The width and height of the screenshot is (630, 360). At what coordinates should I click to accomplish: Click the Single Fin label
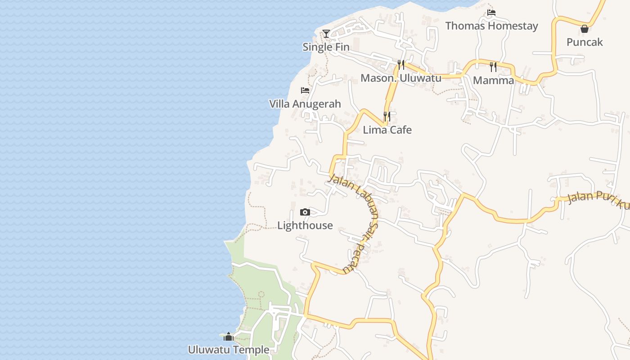pos(326,47)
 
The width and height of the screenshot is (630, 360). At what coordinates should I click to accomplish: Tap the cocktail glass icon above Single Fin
pos(326,34)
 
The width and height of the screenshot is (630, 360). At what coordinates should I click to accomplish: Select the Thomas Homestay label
pos(491,26)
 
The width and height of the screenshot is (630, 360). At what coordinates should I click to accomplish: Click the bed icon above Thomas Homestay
pos(491,13)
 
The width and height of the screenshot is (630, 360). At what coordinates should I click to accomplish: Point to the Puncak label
pos(585,42)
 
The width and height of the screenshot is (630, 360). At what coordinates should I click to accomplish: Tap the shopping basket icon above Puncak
pos(585,29)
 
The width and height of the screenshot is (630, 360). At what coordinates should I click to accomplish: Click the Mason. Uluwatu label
pos(401,78)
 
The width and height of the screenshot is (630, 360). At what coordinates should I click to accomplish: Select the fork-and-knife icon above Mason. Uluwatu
pos(401,65)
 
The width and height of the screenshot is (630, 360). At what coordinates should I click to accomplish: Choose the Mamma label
pos(493,81)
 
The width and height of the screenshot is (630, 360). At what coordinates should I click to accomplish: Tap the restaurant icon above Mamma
pos(493,67)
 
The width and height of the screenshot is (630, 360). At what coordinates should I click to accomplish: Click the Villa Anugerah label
pos(305,104)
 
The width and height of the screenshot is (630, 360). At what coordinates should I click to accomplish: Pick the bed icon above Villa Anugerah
pos(305,90)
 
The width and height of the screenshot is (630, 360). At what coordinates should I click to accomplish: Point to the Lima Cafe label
pos(387,130)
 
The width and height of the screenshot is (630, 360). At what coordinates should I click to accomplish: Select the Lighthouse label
pos(305,225)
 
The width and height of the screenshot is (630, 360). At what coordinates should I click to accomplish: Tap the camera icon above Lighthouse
pos(305,212)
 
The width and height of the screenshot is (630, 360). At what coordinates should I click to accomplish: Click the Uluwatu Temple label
pos(229,350)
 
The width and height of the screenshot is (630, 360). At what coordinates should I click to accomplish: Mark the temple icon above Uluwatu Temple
pos(229,337)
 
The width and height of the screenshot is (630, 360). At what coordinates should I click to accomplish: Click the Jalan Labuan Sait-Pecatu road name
pos(360,220)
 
